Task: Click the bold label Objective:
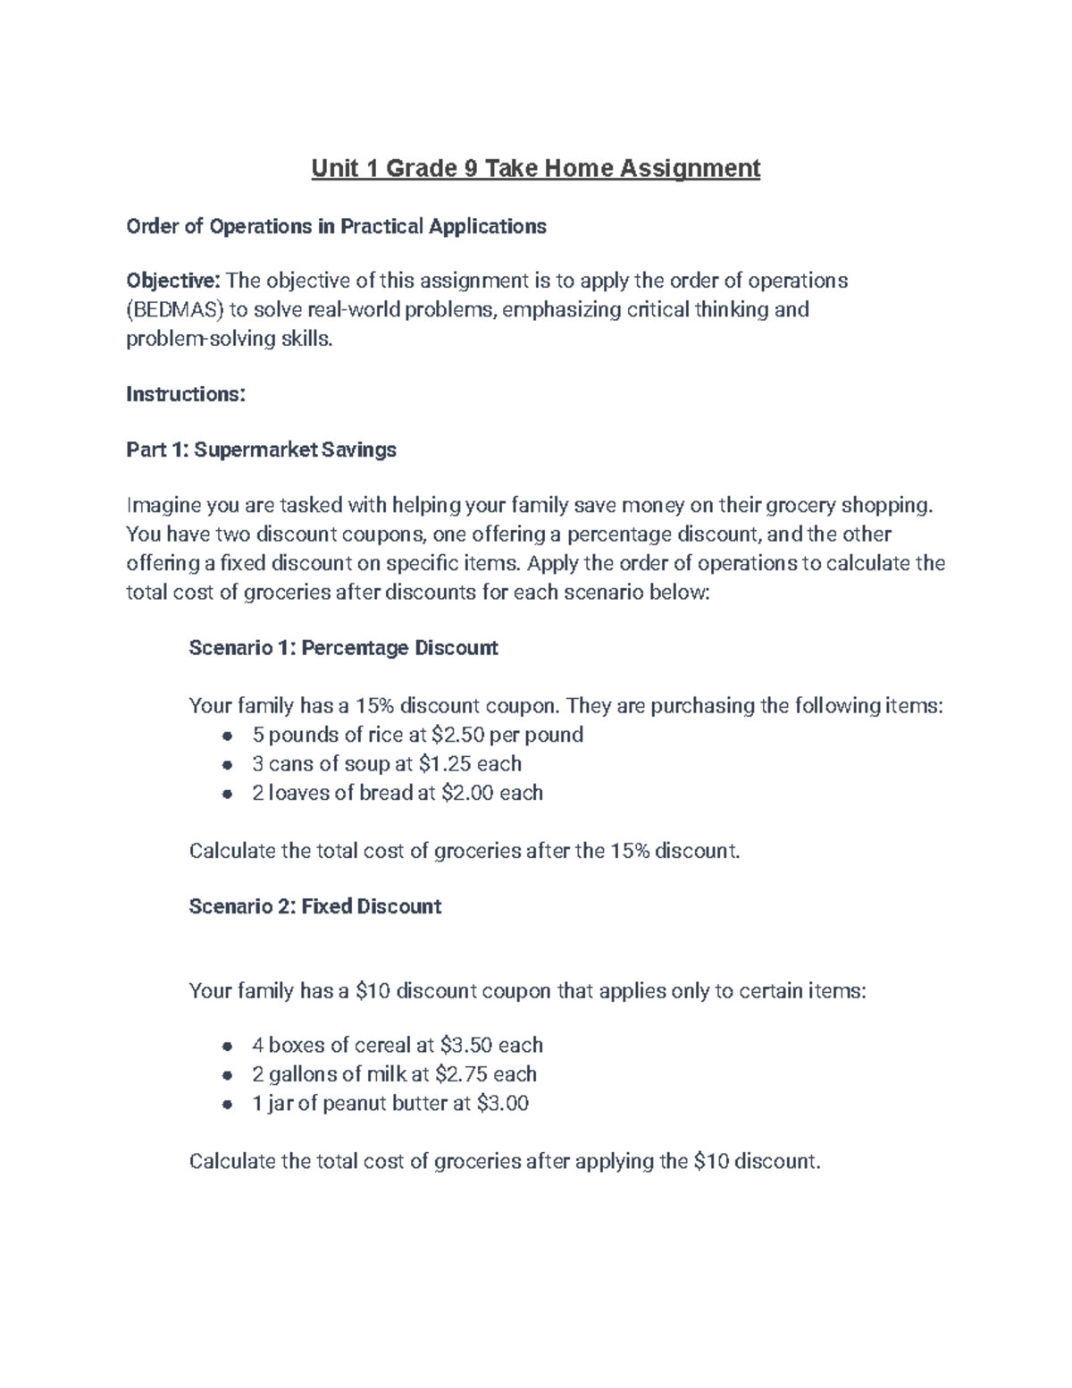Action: (172, 281)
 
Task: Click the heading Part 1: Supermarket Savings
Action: (261, 450)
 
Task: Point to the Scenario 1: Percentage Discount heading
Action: (343, 648)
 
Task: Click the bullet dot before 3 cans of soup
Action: (229, 765)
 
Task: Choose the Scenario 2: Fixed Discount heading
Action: (314, 906)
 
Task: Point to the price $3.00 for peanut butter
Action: (503, 1104)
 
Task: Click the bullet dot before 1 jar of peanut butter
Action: (229, 1105)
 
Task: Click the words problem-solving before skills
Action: (198, 340)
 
